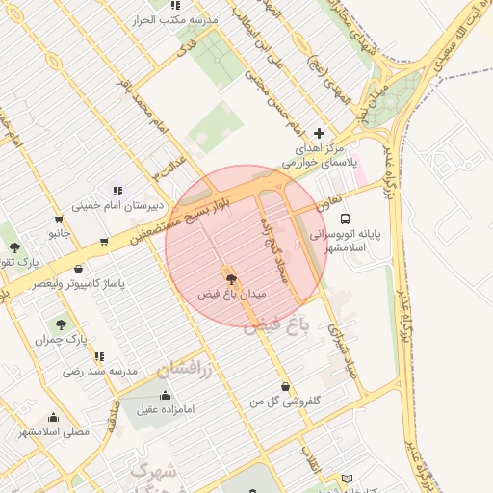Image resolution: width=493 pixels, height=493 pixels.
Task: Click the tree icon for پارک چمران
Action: [63, 325]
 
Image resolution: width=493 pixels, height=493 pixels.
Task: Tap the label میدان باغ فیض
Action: [230, 292]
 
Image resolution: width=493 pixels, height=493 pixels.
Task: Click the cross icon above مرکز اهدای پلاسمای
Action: [320, 133]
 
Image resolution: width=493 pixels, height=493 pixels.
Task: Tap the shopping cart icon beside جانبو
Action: [104, 241]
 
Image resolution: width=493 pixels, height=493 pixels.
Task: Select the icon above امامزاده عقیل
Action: [165, 395]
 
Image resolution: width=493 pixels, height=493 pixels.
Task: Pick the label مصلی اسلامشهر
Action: [54, 432]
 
